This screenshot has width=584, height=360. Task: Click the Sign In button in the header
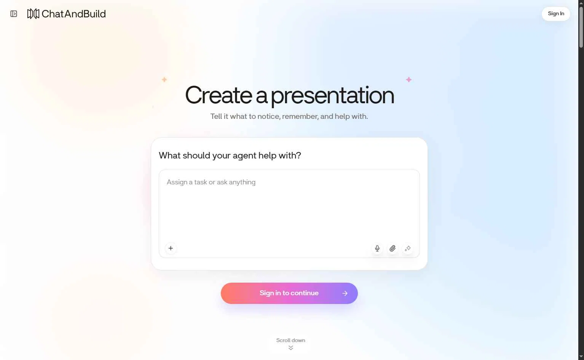tap(555, 14)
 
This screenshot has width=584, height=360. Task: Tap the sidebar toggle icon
tap(14, 14)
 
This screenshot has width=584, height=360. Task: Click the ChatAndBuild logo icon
tap(33, 14)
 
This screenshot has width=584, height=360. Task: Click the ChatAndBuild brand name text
tap(73, 14)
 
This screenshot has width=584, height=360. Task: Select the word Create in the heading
tap(219, 95)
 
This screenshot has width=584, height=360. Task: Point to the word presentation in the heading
tap(332, 96)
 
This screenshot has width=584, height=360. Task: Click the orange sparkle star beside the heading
tap(164, 79)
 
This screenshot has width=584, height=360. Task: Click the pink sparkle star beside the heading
tap(408, 80)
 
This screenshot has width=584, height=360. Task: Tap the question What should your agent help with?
tap(230, 155)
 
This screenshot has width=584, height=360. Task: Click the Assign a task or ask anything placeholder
tap(211, 182)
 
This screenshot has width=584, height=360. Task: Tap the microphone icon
tap(377, 248)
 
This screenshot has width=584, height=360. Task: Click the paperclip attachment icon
tap(393, 248)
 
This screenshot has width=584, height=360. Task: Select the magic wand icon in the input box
tap(407, 248)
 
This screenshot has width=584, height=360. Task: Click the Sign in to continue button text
tap(289, 293)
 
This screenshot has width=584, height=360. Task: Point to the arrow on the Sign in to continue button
tap(345, 293)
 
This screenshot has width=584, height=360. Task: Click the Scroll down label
tap(290, 340)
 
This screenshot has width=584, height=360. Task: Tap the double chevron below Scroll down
tap(291, 348)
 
